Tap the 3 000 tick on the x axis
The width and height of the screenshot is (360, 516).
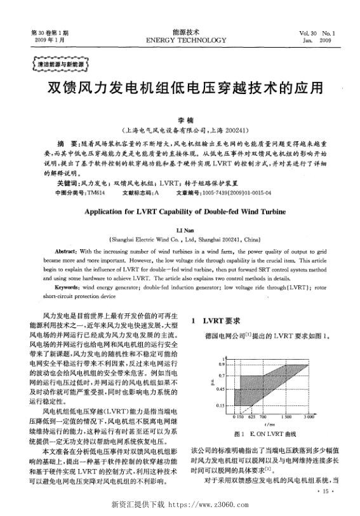coord(310,417)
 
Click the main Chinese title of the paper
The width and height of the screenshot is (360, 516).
coord(180,86)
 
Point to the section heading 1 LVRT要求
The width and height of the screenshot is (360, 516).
coord(216,322)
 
